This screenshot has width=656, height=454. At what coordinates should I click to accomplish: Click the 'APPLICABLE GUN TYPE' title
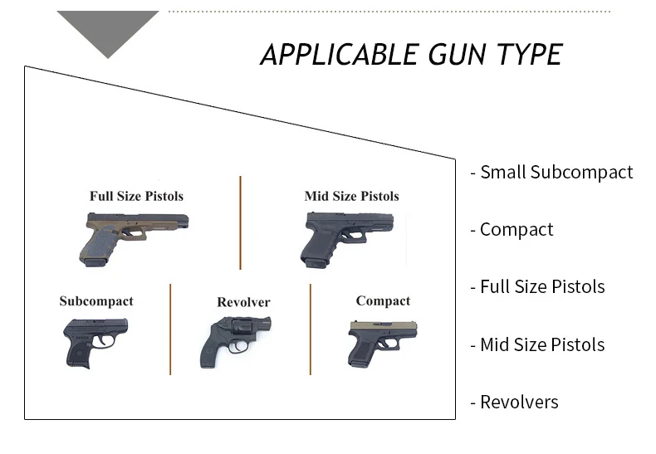(x=411, y=55)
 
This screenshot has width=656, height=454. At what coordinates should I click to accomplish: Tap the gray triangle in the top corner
(x=108, y=30)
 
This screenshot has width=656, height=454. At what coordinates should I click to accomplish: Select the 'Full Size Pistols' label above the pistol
(x=136, y=197)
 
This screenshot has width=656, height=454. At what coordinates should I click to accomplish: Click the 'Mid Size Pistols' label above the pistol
(x=351, y=197)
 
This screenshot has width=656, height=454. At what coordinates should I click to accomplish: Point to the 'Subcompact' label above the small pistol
(x=96, y=301)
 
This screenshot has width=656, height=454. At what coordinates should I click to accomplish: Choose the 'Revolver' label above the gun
(x=243, y=302)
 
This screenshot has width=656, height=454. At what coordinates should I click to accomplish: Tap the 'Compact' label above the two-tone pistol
(x=383, y=300)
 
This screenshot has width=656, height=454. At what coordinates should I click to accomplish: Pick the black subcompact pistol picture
(x=95, y=340)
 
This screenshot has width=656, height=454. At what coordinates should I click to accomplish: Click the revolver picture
(x=233, y=340)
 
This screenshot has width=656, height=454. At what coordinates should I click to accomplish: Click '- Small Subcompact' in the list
(x=551, y=173)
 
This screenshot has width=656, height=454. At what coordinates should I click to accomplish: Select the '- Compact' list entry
(x=512, y=230)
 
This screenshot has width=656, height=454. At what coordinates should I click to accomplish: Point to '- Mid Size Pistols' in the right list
(x=537, y=344)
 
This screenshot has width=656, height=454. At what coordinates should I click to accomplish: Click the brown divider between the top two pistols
(x=241, y=222)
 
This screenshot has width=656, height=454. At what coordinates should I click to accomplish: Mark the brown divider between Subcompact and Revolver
(x=170, y=329)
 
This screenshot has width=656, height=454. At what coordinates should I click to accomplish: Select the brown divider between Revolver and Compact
(x=311, y=329)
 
